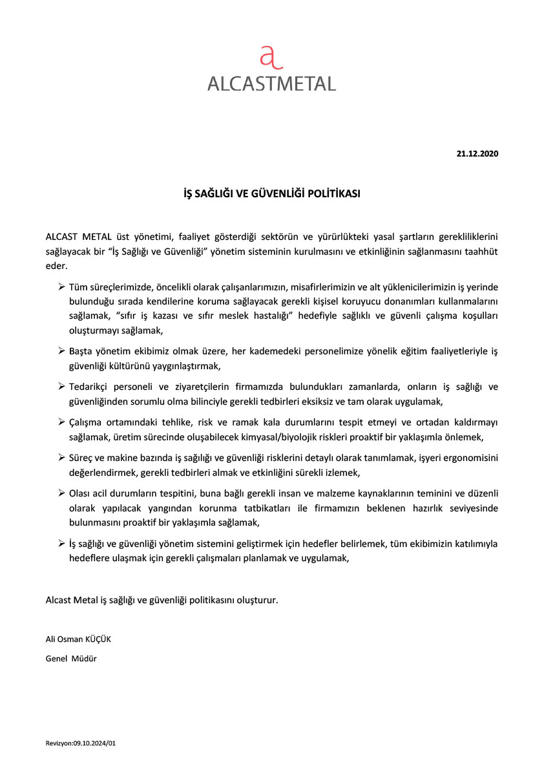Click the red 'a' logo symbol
tap(271, 58)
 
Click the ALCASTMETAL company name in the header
tap(271, 84)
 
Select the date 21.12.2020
tap(477, 154)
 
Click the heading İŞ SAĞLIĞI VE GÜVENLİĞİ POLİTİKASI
tap(272, 193)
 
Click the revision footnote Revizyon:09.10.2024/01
tap(81, 743)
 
